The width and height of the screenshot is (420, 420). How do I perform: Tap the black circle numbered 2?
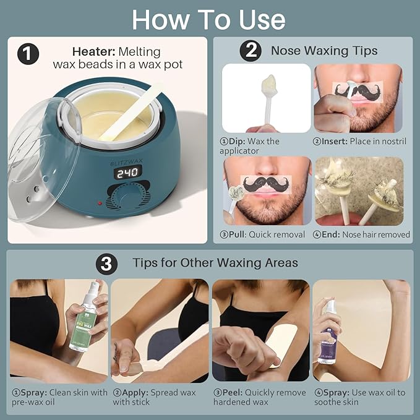click(249, 51)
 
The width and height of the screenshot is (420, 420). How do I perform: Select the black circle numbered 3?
click(106, 263)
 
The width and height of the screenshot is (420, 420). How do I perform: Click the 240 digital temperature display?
click(127, 174)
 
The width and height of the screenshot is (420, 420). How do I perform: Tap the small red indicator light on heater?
click(96, 203)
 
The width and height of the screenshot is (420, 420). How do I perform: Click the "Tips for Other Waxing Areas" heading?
click(215, 263)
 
